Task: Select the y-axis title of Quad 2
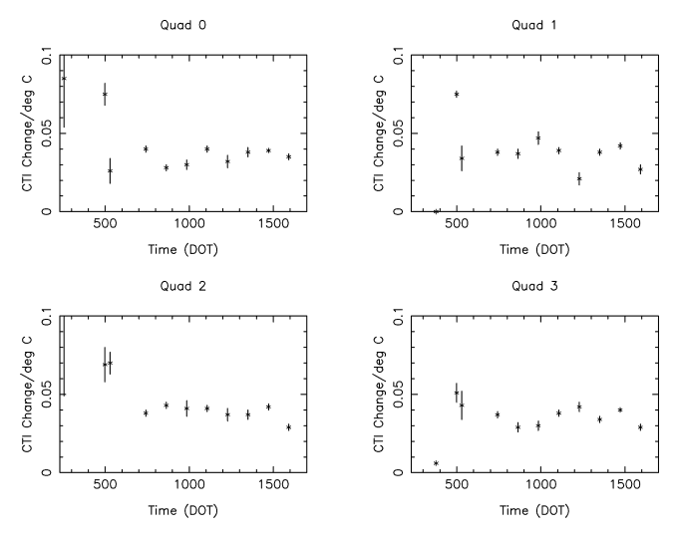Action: tap(28, 394)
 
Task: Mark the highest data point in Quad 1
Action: tap(457, 95)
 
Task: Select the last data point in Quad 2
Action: tap(288, 427)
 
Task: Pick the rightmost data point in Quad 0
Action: tap(288, 156)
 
